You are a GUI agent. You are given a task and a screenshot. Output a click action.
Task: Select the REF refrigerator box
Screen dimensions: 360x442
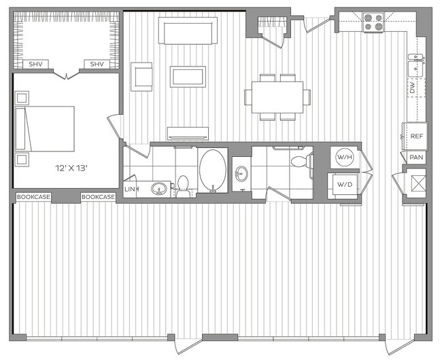click(x=415, y=136)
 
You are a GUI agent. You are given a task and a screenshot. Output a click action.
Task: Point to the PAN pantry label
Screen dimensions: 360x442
click(x=416, y=157)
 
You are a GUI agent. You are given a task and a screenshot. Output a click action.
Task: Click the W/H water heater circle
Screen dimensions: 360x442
click(x=345, y=158)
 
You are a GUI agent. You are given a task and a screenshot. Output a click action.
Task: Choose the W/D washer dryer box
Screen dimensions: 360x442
click(x=345, y=184)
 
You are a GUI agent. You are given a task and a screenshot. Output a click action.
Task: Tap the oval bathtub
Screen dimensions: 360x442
click(x=213, y=170)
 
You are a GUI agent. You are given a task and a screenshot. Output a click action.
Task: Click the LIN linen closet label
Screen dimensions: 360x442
click(x=131, y=189)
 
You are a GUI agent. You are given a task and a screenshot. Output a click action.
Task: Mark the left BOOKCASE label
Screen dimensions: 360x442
click(x=32, y=197)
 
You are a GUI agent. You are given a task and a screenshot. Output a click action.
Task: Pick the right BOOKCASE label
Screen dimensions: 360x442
click(x=97, y=197)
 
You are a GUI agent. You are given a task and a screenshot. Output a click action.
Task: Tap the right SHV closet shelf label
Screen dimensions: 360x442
click(x=97, y=65)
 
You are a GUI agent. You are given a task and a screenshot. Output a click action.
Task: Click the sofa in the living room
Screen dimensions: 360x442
click(x=188, y=31)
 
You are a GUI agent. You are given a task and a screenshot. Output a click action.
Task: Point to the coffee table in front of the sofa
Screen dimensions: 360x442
click(x=188, y=76)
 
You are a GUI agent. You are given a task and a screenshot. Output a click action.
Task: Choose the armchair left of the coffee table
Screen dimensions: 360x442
click(x=143, y=75)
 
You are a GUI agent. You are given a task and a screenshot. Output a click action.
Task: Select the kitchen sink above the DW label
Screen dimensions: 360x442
click(x=415, y=67)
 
